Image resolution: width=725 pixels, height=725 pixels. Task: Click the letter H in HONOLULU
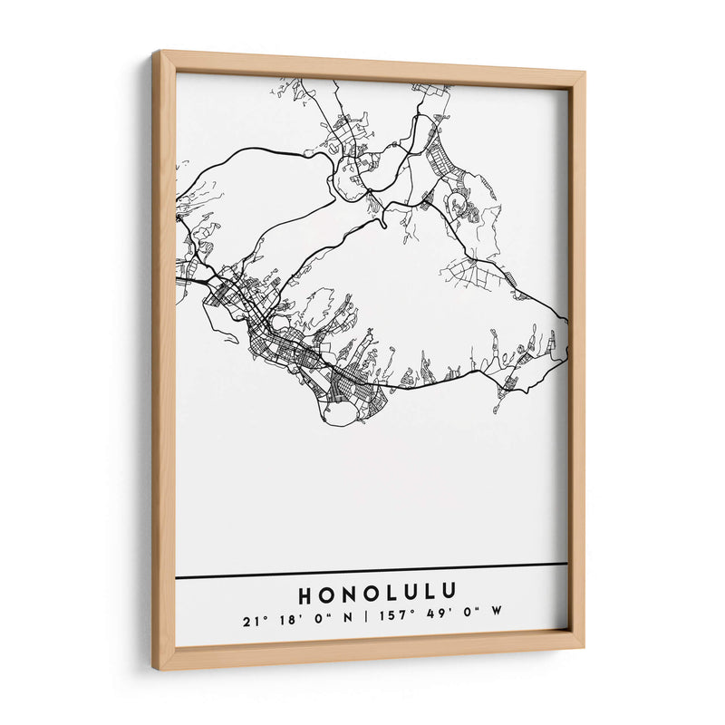[x=305, y=595]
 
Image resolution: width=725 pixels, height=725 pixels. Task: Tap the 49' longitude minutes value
[x=432, y=619]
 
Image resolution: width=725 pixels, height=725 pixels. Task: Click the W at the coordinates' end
[x=497, y=618]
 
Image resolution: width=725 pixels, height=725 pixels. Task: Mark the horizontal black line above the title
[x=372, y=570]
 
